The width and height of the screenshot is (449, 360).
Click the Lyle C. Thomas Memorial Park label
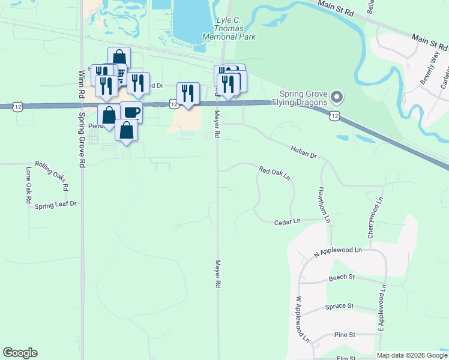(235, 28)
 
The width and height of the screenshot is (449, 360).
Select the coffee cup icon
(131, 112)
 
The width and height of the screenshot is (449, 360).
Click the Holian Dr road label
(303, 151)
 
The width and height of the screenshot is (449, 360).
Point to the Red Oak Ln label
(274, 173)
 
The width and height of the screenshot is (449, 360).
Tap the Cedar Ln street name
(286, 221)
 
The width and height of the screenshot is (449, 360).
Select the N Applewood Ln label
(338, 252)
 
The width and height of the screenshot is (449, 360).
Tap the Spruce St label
(339, 306)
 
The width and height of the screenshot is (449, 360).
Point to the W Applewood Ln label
(301, 319)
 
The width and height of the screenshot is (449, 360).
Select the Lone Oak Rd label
(28, 186)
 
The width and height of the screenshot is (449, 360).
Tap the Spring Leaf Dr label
(56, 204)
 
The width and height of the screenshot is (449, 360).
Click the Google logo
(20, 353)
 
